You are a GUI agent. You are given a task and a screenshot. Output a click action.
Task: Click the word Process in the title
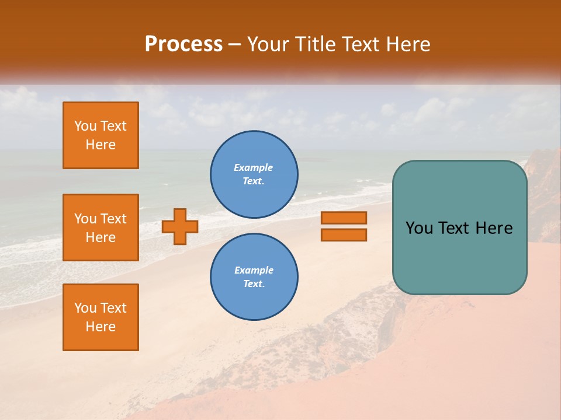[183, 44]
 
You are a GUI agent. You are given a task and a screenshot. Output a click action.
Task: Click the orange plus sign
[180, 226]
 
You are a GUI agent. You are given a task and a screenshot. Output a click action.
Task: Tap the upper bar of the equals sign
[344, 218]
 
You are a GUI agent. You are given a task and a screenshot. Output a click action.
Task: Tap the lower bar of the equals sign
[344, 235]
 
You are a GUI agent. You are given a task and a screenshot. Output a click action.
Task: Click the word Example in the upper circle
[253, 167]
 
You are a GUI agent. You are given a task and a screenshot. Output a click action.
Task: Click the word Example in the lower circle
[254, 270]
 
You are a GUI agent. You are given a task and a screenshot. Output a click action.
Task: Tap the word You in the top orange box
[85, 126]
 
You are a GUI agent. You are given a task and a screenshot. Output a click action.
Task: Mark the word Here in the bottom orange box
[101, 327]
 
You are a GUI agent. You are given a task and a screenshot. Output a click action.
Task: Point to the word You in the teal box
[420, 228]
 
